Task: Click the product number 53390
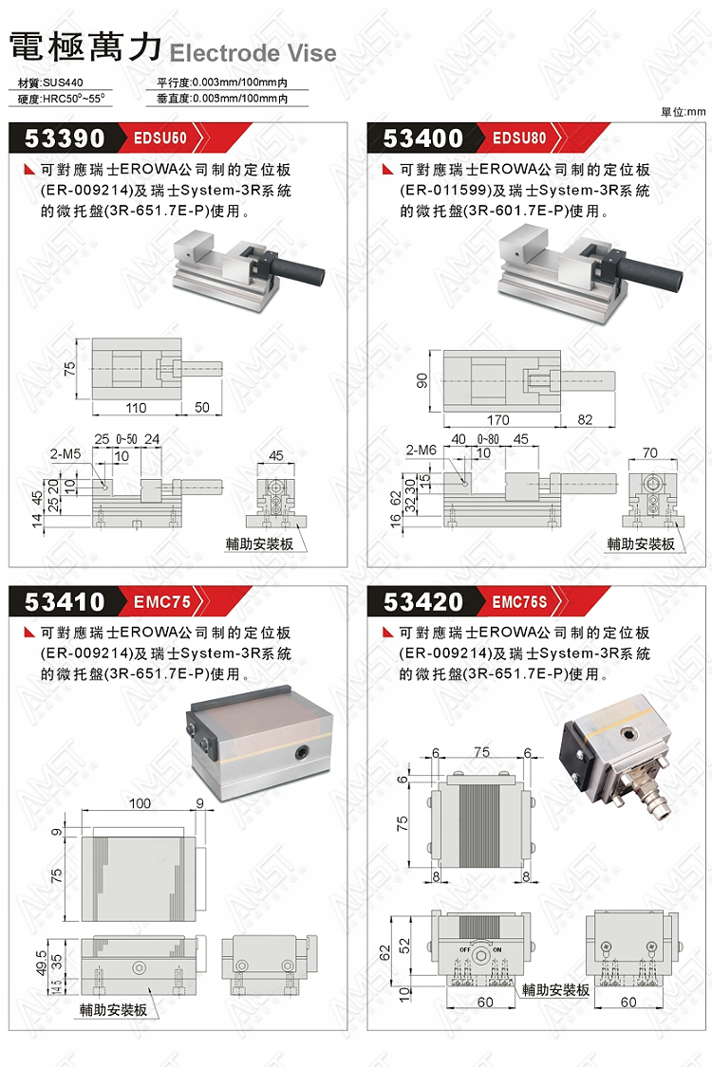click(65, 138)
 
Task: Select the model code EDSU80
click(519, 138)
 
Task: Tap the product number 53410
click(65, 601)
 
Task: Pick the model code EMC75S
click(519, 601)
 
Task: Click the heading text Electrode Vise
click(253, 53)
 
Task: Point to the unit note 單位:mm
click(684, 112)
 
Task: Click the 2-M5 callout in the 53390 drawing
click(66, 454)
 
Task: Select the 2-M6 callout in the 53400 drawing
click(422, 450)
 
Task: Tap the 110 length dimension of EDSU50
click(136, 408)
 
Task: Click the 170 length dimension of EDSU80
click(498, 420)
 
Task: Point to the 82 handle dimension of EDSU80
click(585, 420)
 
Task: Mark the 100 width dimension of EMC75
click(140, 803)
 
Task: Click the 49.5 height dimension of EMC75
click(41, 963)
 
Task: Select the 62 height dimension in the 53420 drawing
click(385, 952)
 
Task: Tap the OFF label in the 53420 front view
click(464, 949)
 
